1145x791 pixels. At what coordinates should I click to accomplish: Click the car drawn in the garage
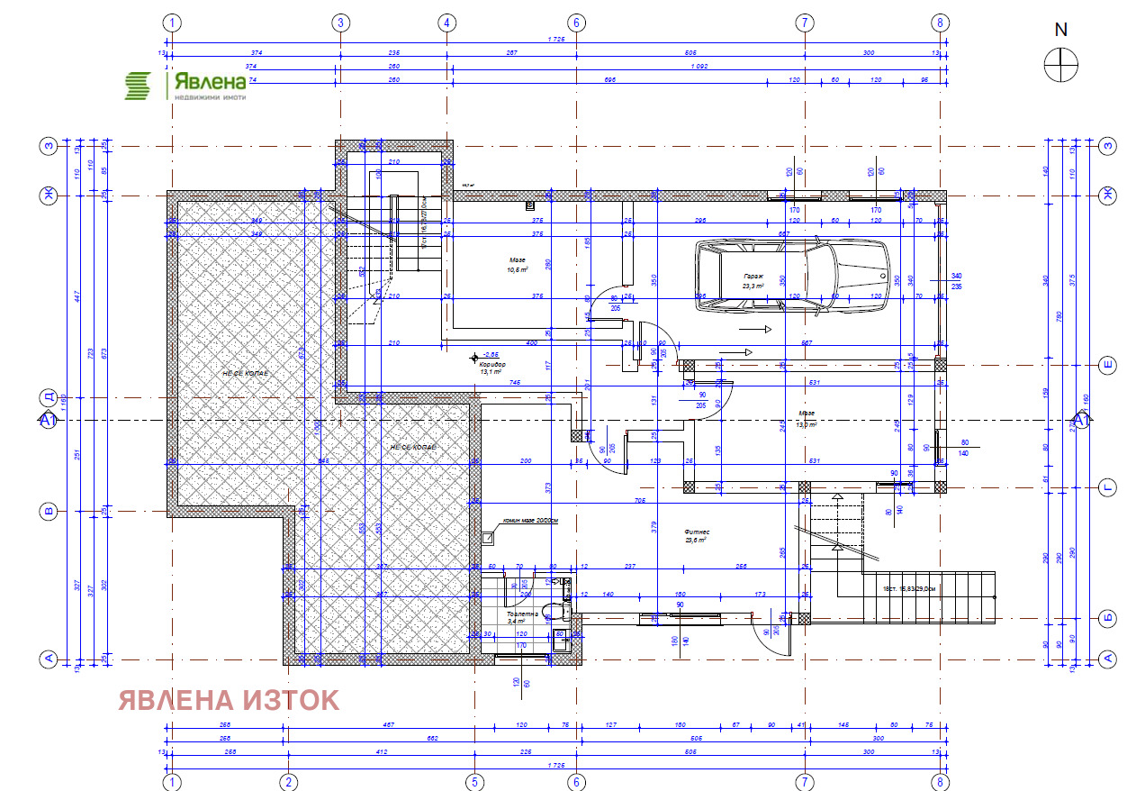point(792,277)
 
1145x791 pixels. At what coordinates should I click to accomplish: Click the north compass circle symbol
point(1061,64)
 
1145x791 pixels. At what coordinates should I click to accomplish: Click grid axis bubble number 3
point(340,23)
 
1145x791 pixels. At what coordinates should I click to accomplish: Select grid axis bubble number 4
point(447,23)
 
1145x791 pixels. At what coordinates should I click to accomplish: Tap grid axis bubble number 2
point(288,781)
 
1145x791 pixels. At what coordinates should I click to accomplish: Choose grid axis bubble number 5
point(473,781)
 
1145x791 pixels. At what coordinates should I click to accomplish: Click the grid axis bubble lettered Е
point(1109,365)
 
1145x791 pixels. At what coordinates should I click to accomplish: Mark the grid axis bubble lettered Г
point(1109,488)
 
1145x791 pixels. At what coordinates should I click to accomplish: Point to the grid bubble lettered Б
point(1109,618)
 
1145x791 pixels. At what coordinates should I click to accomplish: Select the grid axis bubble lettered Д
point(49,397)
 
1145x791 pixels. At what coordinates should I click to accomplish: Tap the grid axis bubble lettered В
point(49,512)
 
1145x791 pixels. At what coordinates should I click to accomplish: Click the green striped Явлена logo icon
point(138,86)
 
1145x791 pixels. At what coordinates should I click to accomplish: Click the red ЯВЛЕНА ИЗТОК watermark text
point(229,700)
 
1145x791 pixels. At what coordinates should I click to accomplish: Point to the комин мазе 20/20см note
point(530,521)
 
